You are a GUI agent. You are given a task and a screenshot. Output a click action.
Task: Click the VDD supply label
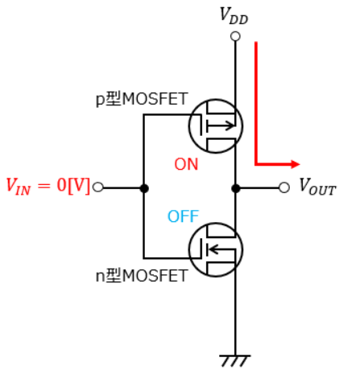pyautogui.click(x=234, y=16)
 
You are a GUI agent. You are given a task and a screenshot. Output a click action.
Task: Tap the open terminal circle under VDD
pyautogui.click(x=235, y=36)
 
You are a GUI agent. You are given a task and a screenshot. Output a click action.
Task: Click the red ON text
pyautogui.click(x=186, y=164)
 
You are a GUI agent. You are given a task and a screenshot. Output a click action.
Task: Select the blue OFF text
pyautogui.click(x=183, y=216)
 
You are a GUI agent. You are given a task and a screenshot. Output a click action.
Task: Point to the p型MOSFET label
pyautogui.click(x=142, y=99)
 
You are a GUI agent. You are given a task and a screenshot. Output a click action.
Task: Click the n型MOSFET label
pyautogui.click(x=142, y=275)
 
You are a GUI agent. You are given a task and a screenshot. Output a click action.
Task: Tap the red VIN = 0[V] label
pyautogui.click(x=48, y=186)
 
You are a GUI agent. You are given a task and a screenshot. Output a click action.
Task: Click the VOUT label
pyautogui.click(x=317, y=186)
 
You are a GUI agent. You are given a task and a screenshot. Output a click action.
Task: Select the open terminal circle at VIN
pyautogui.click(x=97, y=187)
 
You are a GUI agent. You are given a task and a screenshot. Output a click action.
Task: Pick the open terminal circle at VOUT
pyautogui.click(x=284, y=187)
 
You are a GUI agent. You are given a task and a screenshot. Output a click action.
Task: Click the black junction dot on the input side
pyautogui.click(x=144, y=188)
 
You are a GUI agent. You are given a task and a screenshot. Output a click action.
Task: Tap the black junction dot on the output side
pyautogui.click(x=235, y=188)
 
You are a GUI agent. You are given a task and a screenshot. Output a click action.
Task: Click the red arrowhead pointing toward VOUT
pyautogui.click(x=296, y=164)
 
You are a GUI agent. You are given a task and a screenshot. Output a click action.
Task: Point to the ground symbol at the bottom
pyautogui.click(x=234, y=361)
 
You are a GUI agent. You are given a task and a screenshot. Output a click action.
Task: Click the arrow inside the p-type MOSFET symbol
pyautogui.click(x=221, y=125)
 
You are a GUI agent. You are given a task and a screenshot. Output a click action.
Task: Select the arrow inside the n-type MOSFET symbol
pyautogui.click(x=221, y=249)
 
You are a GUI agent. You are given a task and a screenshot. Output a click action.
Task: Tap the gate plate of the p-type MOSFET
pyautogui.click(x=201, y=125)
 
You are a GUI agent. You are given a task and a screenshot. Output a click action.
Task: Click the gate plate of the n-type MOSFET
pyautogui.click(x=201, y=249)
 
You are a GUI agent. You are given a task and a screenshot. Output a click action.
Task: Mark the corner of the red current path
pyautogui.click(x=256, y=164)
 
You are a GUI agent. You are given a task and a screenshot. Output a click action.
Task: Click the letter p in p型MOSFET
pyautogui.click(x=100, y=101)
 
